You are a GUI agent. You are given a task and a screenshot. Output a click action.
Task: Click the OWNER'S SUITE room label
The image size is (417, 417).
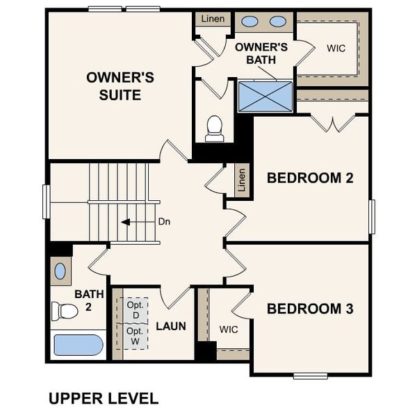click(x=114, y=85)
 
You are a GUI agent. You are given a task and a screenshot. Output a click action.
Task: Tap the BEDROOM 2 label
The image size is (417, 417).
click(x=310, y=178)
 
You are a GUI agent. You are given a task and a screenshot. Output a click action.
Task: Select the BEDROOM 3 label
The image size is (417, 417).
click(x=310, y=309)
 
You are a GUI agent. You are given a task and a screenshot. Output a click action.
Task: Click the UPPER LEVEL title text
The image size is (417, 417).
click(x=103, y=398)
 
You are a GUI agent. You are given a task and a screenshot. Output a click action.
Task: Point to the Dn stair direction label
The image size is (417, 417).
click(x=164, y=222)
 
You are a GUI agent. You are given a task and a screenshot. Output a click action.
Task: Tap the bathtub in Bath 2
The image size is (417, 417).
click(x=78, y=345)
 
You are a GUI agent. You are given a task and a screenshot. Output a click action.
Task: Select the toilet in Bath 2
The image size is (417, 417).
click(x=65, y=311)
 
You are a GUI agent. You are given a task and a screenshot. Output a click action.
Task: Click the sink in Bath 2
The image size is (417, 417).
click(x=60, y=270)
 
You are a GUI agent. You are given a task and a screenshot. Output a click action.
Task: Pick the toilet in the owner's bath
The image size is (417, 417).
click(x=215, y=128)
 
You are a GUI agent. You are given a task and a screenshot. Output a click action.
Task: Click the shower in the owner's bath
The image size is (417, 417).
click(x=265, y=96)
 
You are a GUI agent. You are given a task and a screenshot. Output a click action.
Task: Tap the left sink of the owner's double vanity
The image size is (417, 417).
click(x=250, y=22)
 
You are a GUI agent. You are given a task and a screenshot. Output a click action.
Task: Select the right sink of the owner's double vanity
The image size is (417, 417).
click(x=278, y=22)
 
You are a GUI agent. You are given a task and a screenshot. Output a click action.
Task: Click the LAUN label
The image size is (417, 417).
click(x=170, y=326)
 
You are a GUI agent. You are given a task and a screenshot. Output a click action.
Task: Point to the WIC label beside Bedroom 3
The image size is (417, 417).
click(x=229, y=329)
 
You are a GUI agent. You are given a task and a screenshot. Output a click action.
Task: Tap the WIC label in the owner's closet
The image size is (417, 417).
click(x=336, y=48)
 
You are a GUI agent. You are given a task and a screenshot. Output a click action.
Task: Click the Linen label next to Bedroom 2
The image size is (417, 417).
click(x=242, y=180)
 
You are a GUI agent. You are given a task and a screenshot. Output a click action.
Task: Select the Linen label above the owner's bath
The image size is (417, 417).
click(x=213, y=19)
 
